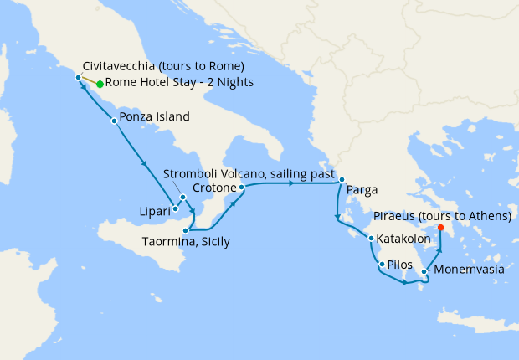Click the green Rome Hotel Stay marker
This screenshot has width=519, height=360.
[x=100, y=84]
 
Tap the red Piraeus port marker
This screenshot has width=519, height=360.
[x=441, y=227]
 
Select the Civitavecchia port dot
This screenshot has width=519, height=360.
[x=78, y=78]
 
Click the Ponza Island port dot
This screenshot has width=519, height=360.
[x=114, y=121]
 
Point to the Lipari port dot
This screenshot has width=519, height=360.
[x=175, y=208]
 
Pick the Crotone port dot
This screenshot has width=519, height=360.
[x=241, y=188]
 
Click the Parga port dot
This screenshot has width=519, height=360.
[x=342, y=180]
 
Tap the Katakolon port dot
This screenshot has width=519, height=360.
[x=371, y=239]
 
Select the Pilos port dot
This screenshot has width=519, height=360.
[x=382, y=265]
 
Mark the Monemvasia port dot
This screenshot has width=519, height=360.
[x=424, y=271]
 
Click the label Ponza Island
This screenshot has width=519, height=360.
[x=155, y=116]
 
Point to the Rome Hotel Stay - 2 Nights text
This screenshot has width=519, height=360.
[x=179, y=83]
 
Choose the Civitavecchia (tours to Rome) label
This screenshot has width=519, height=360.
[x=164, y=66]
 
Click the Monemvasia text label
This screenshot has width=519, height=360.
[x=470, y=270]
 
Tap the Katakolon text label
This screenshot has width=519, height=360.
[x=405, y=239]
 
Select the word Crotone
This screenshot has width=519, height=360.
[x=214, y=187]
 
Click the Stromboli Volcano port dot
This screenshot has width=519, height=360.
[x=182, y=198]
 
